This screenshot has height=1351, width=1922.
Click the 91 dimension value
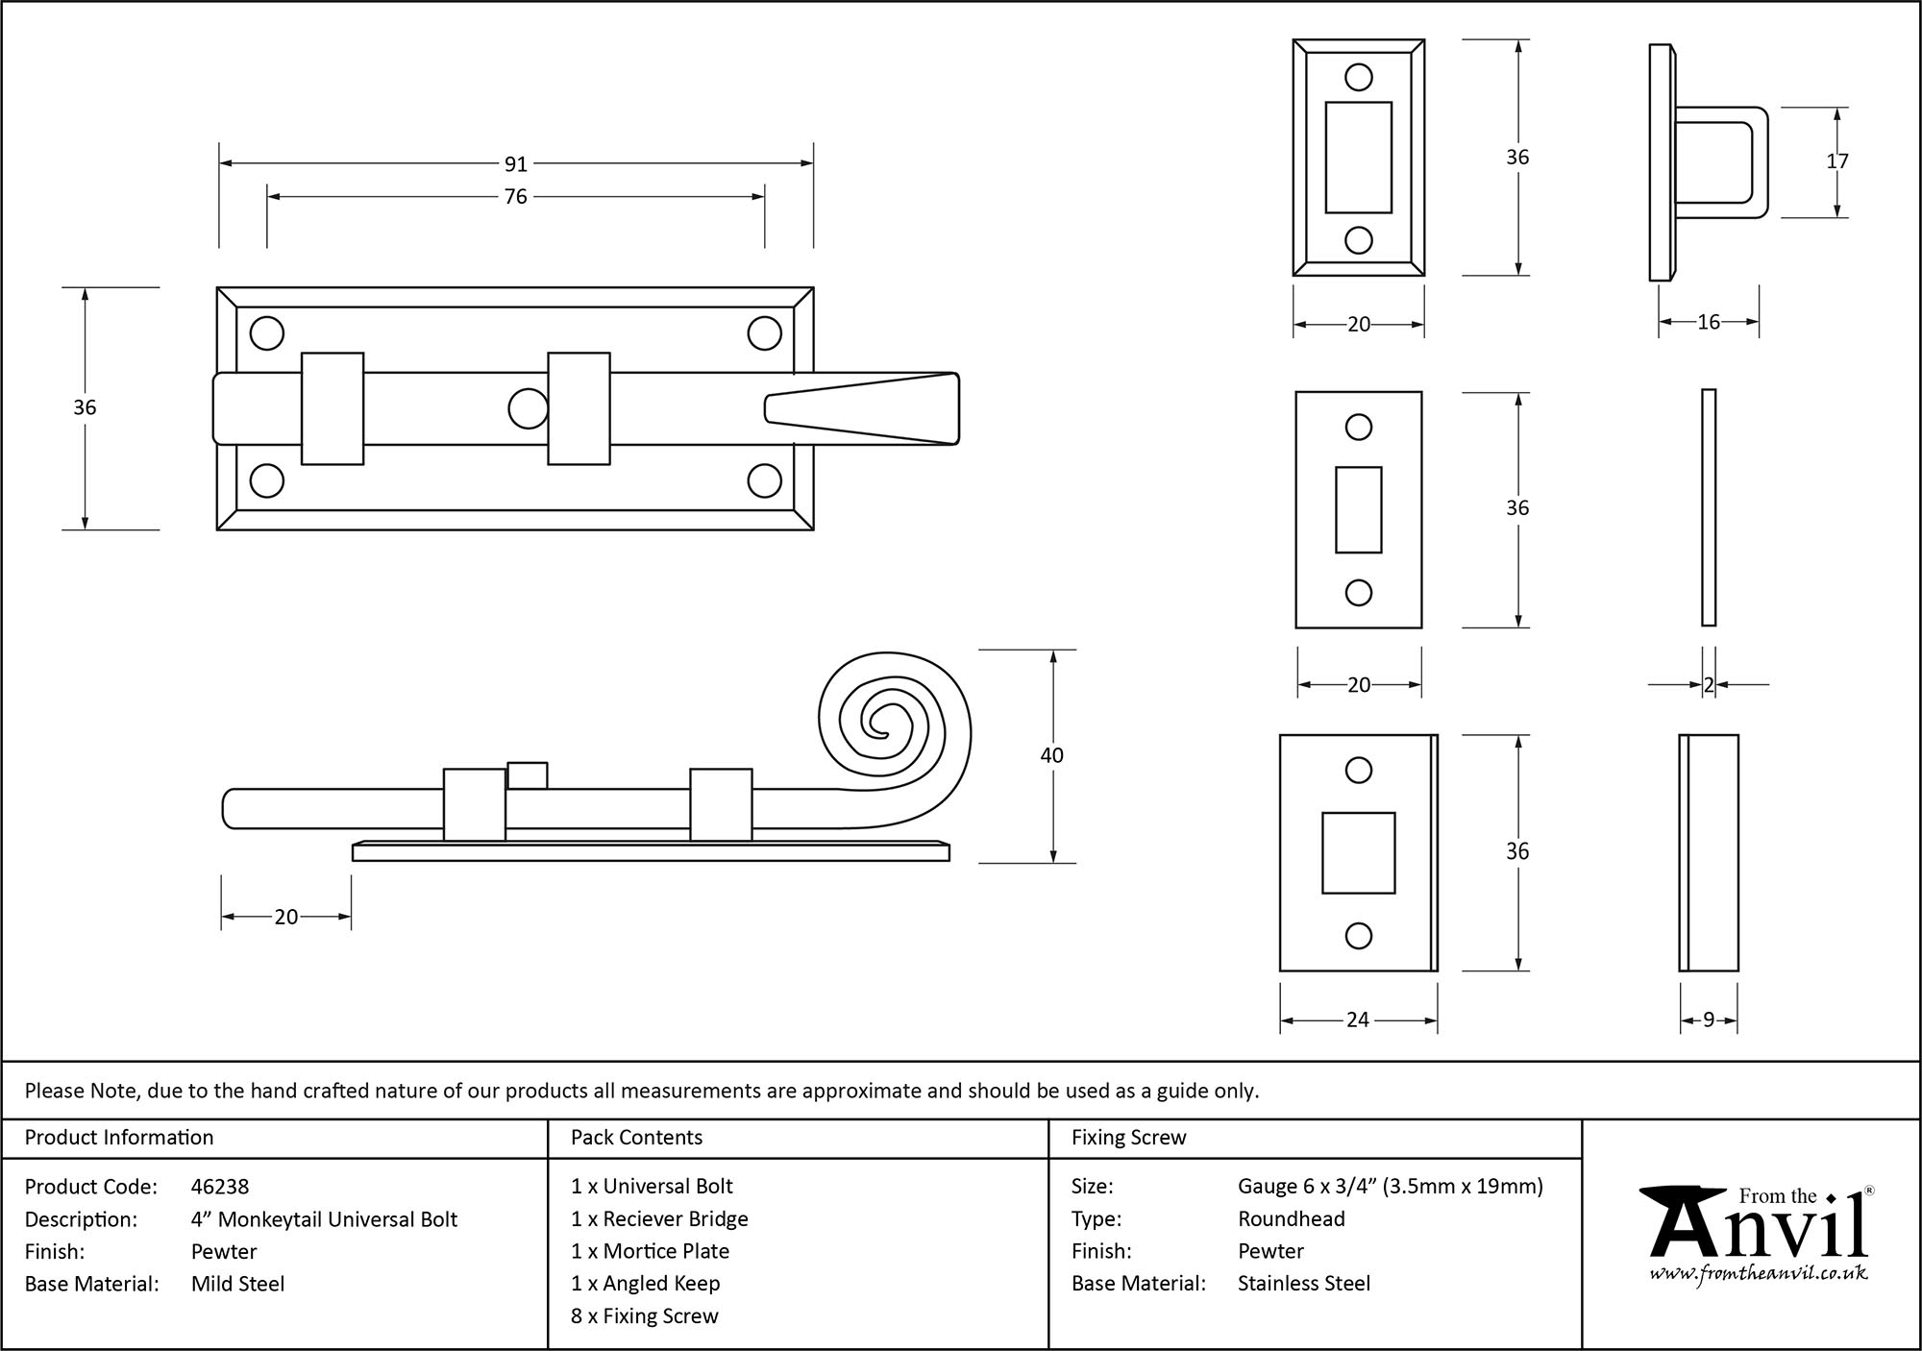click(x=516, y=164)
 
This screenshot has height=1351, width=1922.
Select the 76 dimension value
click(x=516, y=197)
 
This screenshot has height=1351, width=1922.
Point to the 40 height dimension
click(x=1052, y=755)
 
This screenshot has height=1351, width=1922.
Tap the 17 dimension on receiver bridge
click(x=1837, y=161)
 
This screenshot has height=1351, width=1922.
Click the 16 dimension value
click(x=1709, y=323)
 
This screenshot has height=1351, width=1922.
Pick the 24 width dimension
click(x=1358, y=1019)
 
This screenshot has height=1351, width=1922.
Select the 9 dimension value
click(x=1709, y=1020)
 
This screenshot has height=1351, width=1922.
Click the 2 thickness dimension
click(x=1709, y=685)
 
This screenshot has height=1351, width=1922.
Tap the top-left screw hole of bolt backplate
click(x=267, y=333)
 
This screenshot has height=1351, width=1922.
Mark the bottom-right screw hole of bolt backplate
click(x=765, y=480)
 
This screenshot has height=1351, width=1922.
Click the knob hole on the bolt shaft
click(x=528, y=408)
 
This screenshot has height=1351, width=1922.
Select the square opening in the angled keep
click(x=1358, y=852)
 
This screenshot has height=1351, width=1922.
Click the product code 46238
click(x=220, y=1187)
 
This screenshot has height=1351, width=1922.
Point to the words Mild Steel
click(x=237, y=1284)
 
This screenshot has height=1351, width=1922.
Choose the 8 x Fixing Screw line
click(x=644, y=1316)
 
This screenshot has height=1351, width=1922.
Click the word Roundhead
click(x=1291, y=1219)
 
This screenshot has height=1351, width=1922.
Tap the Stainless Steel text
click(x=1303, y=1284)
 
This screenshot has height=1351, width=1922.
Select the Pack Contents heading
click(x=636, y=1138)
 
